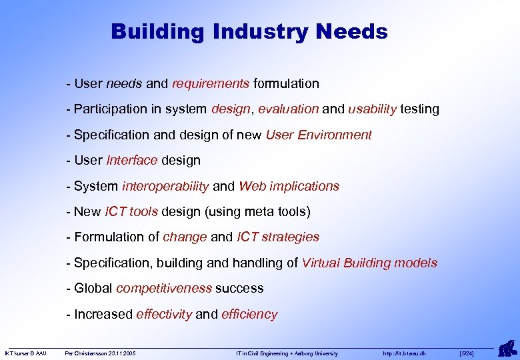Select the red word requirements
click(211, 84)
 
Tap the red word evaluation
click(289, 109)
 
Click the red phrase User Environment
click(319, 135)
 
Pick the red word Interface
click(132, 161)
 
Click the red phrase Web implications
click(289, 187)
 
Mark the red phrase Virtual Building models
click(369, 263)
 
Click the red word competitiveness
click(164, 289)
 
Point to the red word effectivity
click(164, 315)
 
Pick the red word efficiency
click(249, 315)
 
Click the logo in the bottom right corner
click(508, 347)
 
